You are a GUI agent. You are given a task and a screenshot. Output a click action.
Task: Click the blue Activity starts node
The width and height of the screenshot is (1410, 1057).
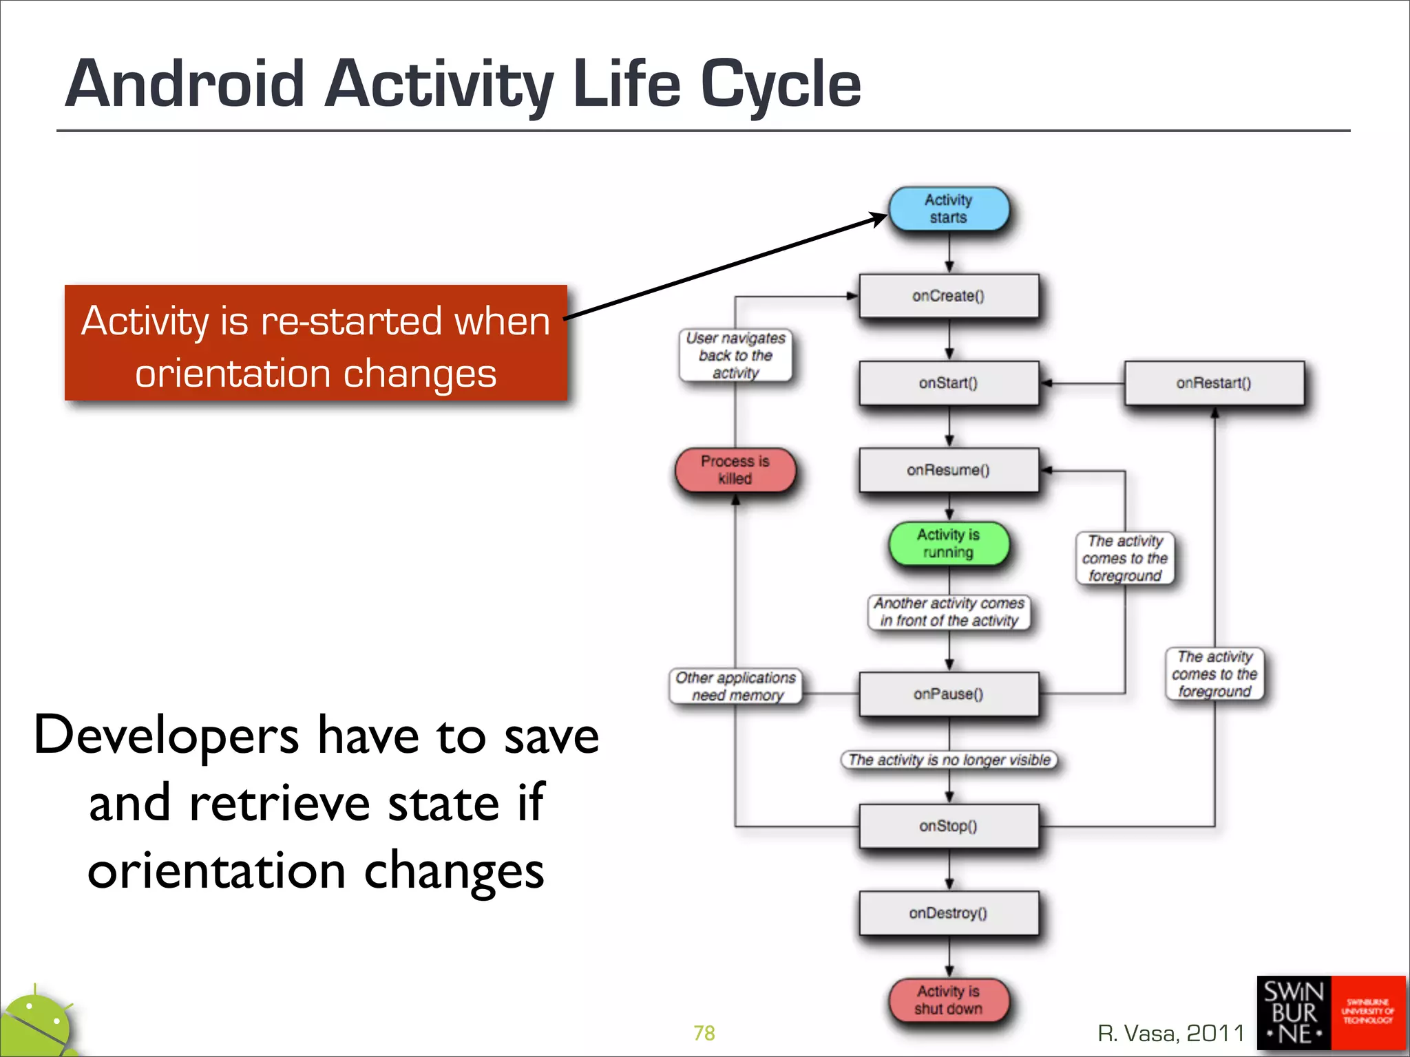pyautogui.click(x=948, y=209)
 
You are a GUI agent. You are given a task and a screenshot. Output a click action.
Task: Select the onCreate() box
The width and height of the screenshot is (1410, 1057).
pyautogui.click(x=948, y=296)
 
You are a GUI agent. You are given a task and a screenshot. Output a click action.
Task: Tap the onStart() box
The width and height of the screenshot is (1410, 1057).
pyautogui.click(x=948, y=383)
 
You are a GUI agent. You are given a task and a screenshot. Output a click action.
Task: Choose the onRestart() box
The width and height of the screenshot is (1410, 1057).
pyautogui.click(x=1213, y=383)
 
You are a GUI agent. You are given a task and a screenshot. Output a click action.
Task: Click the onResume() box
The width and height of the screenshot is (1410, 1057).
pyautogui.click(x=948, y=470)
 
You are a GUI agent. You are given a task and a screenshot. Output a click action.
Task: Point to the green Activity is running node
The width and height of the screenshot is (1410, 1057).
pyautogui.click(x=948, y=544)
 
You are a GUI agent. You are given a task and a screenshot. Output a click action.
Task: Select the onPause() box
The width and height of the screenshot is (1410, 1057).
pyautogui.click(x=948, y=694)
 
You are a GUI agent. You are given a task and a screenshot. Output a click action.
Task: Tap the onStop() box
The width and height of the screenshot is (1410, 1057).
pyautogui.click(x=948, y=826)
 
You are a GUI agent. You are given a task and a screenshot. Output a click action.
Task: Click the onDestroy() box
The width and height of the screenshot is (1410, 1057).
pyautogui.click(x=948, y=913)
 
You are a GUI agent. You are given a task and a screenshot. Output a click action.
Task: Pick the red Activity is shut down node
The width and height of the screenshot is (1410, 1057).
pyautogui.click(x=948, y=1000)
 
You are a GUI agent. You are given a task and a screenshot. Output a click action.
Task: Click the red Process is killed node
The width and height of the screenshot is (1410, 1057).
pyautogui.click(x=735, y=470)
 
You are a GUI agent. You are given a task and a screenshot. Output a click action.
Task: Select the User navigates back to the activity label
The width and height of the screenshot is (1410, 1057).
pyautogui.click(x=735, y=356)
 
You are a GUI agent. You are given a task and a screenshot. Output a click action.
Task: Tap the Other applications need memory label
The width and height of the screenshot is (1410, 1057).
pyautogui.click(x=735, y=686)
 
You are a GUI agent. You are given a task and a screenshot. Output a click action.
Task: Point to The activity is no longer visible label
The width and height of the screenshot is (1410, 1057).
pyautogui.click(x=949, y=760)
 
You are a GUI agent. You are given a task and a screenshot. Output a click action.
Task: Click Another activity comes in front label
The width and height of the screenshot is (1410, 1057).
pyautogui.click(x=949, y=612)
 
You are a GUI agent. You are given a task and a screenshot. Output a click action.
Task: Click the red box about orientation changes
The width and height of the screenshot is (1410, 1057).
pyautogui.click(x=315, y=343)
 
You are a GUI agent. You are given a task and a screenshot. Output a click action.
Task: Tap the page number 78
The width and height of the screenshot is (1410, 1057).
pyautogui.click(x=704, y=1033)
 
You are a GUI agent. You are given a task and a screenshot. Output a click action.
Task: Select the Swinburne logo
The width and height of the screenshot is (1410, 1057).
pyautogui.click(x=1330, y=1012)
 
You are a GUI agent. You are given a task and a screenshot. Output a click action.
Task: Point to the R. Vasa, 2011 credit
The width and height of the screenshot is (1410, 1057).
pyautogui.click(x=1170, y=1033)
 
